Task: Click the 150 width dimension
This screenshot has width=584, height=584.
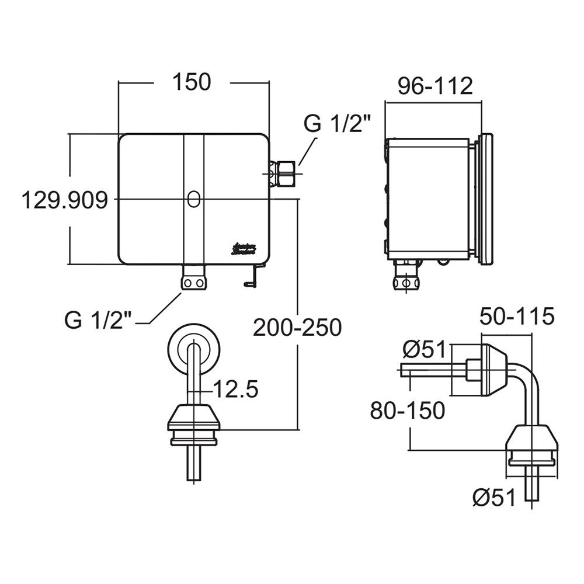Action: point(192,82)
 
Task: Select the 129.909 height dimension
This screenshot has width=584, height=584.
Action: point(64,200)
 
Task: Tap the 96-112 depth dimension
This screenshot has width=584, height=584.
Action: point(434,86)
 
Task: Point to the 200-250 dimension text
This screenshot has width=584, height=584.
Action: point(297,328)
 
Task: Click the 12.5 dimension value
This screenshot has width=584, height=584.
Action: point(235,389)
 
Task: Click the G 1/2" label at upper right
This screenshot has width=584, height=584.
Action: point(336,125)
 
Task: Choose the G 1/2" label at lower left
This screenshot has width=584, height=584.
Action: point(98,320)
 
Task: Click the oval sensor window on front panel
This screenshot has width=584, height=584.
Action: point(193,199)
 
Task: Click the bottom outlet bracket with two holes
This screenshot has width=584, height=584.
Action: point(193,278)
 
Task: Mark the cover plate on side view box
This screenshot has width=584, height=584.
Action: point(485,199)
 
